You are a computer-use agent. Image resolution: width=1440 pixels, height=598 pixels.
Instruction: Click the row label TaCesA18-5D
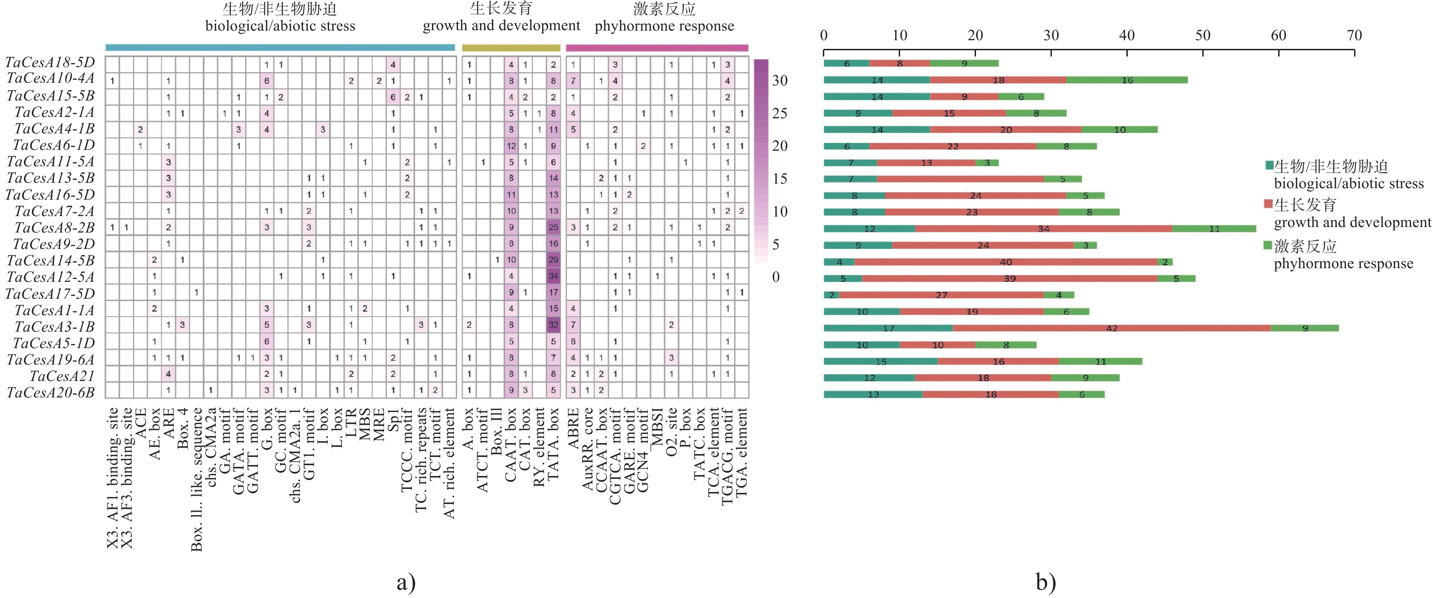pos(50,62)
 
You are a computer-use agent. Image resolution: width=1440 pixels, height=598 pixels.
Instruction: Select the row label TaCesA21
pos(62,376)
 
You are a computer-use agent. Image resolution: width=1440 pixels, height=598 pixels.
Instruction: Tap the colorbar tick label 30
pos(780,80)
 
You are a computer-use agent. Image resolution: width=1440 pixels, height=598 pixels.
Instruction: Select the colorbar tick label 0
pos(776,277)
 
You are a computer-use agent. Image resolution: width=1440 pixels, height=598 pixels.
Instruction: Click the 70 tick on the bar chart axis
pos(1354,36)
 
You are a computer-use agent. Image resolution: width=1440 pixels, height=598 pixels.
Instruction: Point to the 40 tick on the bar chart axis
pos(1126,36)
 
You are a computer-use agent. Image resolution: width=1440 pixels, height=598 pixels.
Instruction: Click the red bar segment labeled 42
pos(1111,328)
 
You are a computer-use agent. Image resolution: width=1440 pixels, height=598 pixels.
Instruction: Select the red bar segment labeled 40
pos(1006,262)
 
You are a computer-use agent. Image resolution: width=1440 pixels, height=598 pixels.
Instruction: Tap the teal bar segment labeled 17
pos(888,328)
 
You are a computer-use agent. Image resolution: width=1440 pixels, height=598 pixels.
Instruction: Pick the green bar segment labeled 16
pos(1127,80)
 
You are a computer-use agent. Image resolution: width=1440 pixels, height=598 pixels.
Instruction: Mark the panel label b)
pos(1045,582)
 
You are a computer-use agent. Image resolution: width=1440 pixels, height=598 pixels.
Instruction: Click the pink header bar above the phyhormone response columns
pos(657,48)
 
